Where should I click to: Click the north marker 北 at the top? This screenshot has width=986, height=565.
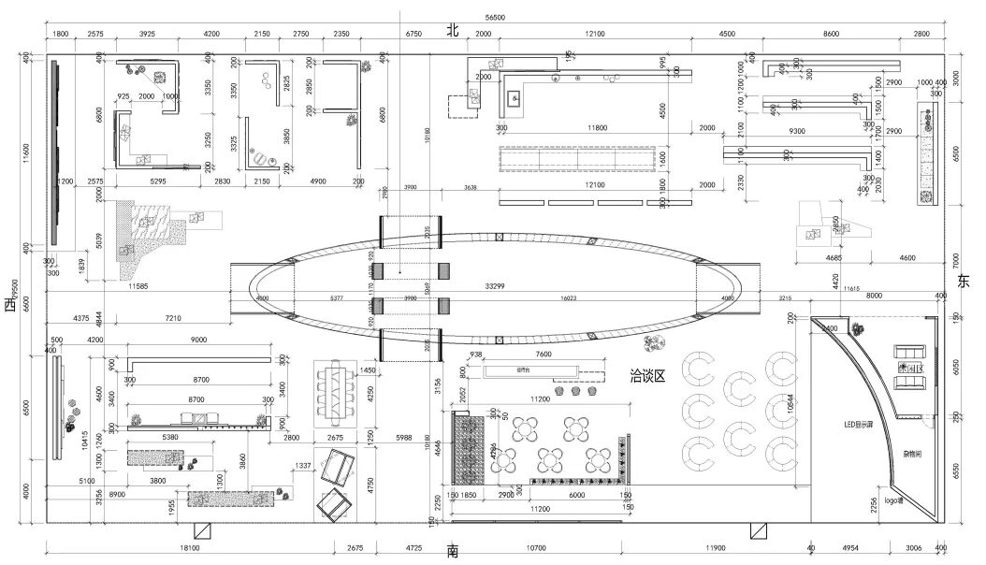[x=452, y=31]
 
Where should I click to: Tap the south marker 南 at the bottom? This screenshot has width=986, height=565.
[x=452, y=552]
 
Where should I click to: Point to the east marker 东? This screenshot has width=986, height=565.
[x=964, y=282]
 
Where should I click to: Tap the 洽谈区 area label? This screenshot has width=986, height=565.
[x=647, y=376]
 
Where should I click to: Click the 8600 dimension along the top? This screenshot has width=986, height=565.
[x=831, y=34]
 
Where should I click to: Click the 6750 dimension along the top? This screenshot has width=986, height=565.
[x=413, y=34]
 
